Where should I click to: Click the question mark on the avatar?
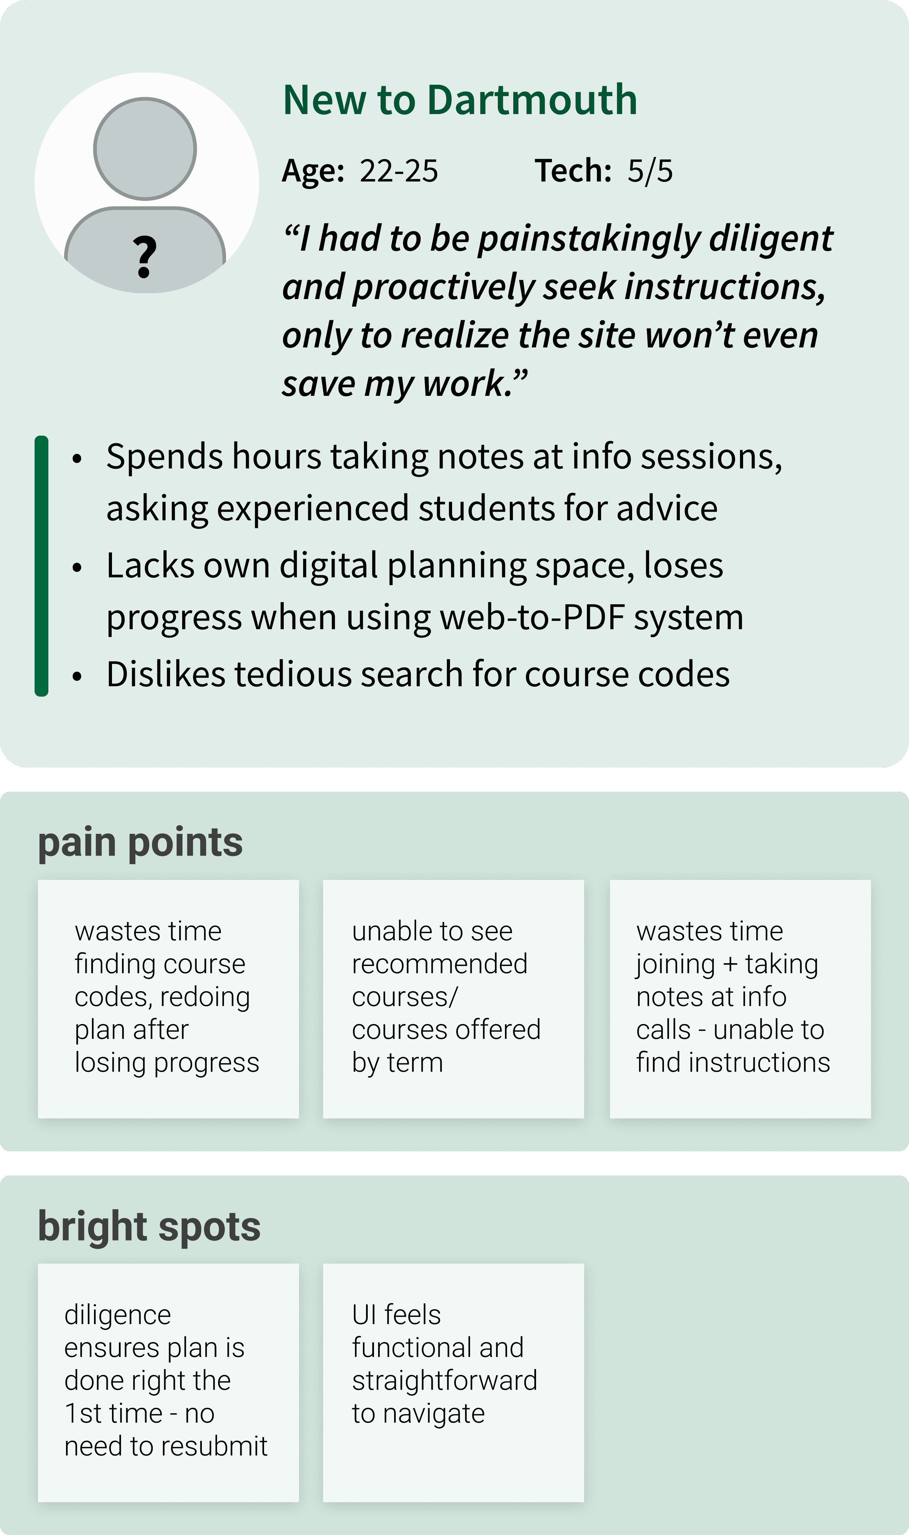coord(144,257)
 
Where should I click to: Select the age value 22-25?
coord(399,171)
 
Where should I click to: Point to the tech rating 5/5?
coord(650,171)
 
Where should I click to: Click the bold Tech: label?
coord(573,171)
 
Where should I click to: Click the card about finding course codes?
coord(168,998)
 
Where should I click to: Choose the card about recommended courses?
coord(453,998)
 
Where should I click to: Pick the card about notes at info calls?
coord(740,998)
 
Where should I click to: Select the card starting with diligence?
coord(168,1382)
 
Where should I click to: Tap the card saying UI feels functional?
coord(453,1382)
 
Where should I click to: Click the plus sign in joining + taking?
coord(730,964)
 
